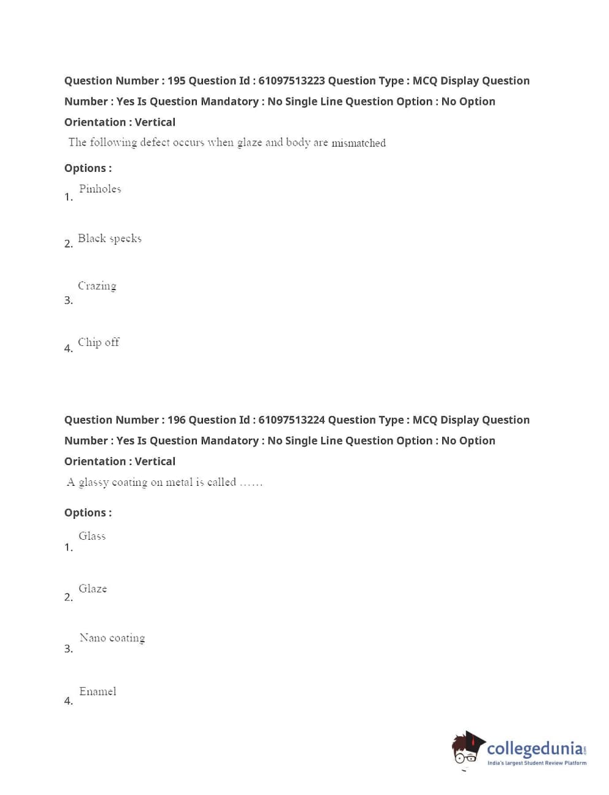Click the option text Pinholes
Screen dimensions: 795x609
click(x=100, y=189)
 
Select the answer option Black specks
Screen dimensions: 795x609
click(x=110, y=239)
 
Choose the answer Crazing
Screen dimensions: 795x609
click(x=97, y=286)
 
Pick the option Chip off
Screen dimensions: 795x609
click(x=99, y=342)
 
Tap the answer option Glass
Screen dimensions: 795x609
click(x=92, y=536)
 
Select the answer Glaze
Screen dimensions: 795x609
click(x=93, y=589)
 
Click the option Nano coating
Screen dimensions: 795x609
click(x=112, y=638)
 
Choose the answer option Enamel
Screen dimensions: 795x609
click(x=98, y=691)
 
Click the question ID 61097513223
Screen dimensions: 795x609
click(x=291, y=81)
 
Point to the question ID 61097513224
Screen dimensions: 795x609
click(x=291, y=420)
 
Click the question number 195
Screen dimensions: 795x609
click(x=176, y=81)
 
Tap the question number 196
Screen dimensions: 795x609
click(x=176, y=420)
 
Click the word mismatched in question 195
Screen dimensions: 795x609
click(x=359, y=143)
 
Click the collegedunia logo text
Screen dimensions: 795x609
click(x=535, y=748)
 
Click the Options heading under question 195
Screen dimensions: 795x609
click(x=88, y=168)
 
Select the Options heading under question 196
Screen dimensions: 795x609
click(x=88, y=513)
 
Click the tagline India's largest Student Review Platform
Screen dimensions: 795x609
click(x=537, y=763)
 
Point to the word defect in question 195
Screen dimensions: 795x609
click(x=155, y=142)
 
